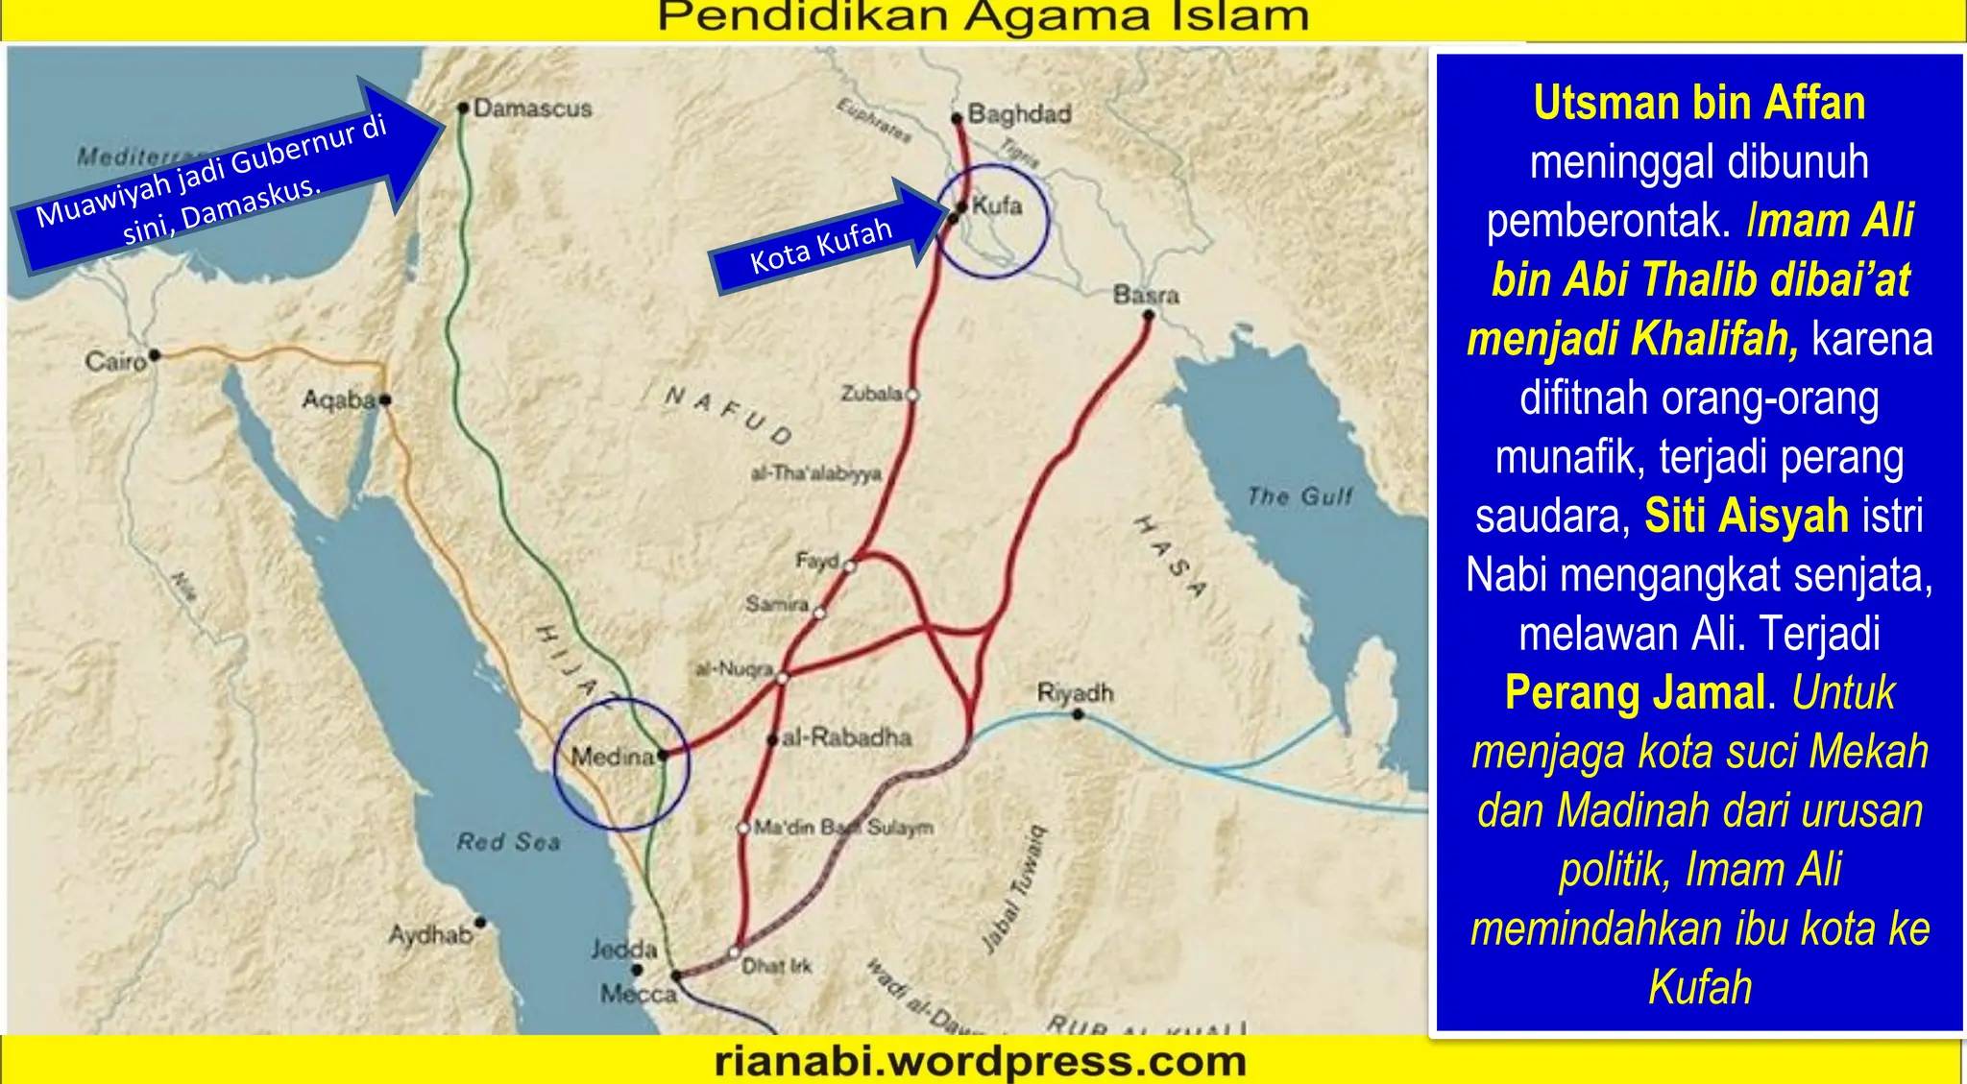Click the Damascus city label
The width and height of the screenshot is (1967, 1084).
pos(532,108)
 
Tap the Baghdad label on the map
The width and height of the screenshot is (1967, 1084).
pos(1019,114)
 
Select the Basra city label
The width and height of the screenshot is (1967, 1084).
pos(1146,294)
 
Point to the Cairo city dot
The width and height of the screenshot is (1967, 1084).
pos(155,355)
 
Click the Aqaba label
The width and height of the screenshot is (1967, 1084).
pos(338,399)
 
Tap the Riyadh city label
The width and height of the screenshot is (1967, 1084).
pos(1075,692)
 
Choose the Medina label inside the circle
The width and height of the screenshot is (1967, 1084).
pos(612,757)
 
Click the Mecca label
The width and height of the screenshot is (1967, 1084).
pos(639,994)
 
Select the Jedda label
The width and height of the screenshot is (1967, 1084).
pos(624,950)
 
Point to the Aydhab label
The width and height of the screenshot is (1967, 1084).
pos(429,933)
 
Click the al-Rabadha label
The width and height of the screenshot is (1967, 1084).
pos(846,737)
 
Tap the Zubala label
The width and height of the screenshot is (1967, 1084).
pos(871,394)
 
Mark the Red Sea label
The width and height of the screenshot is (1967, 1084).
pos(508,842)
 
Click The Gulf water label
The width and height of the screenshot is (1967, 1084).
pos(1299,496)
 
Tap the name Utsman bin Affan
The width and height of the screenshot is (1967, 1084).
pos(1699,104)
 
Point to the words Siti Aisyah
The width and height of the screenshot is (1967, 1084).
pos(1746,516)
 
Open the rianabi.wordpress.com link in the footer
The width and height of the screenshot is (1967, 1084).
pos(981,1062)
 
